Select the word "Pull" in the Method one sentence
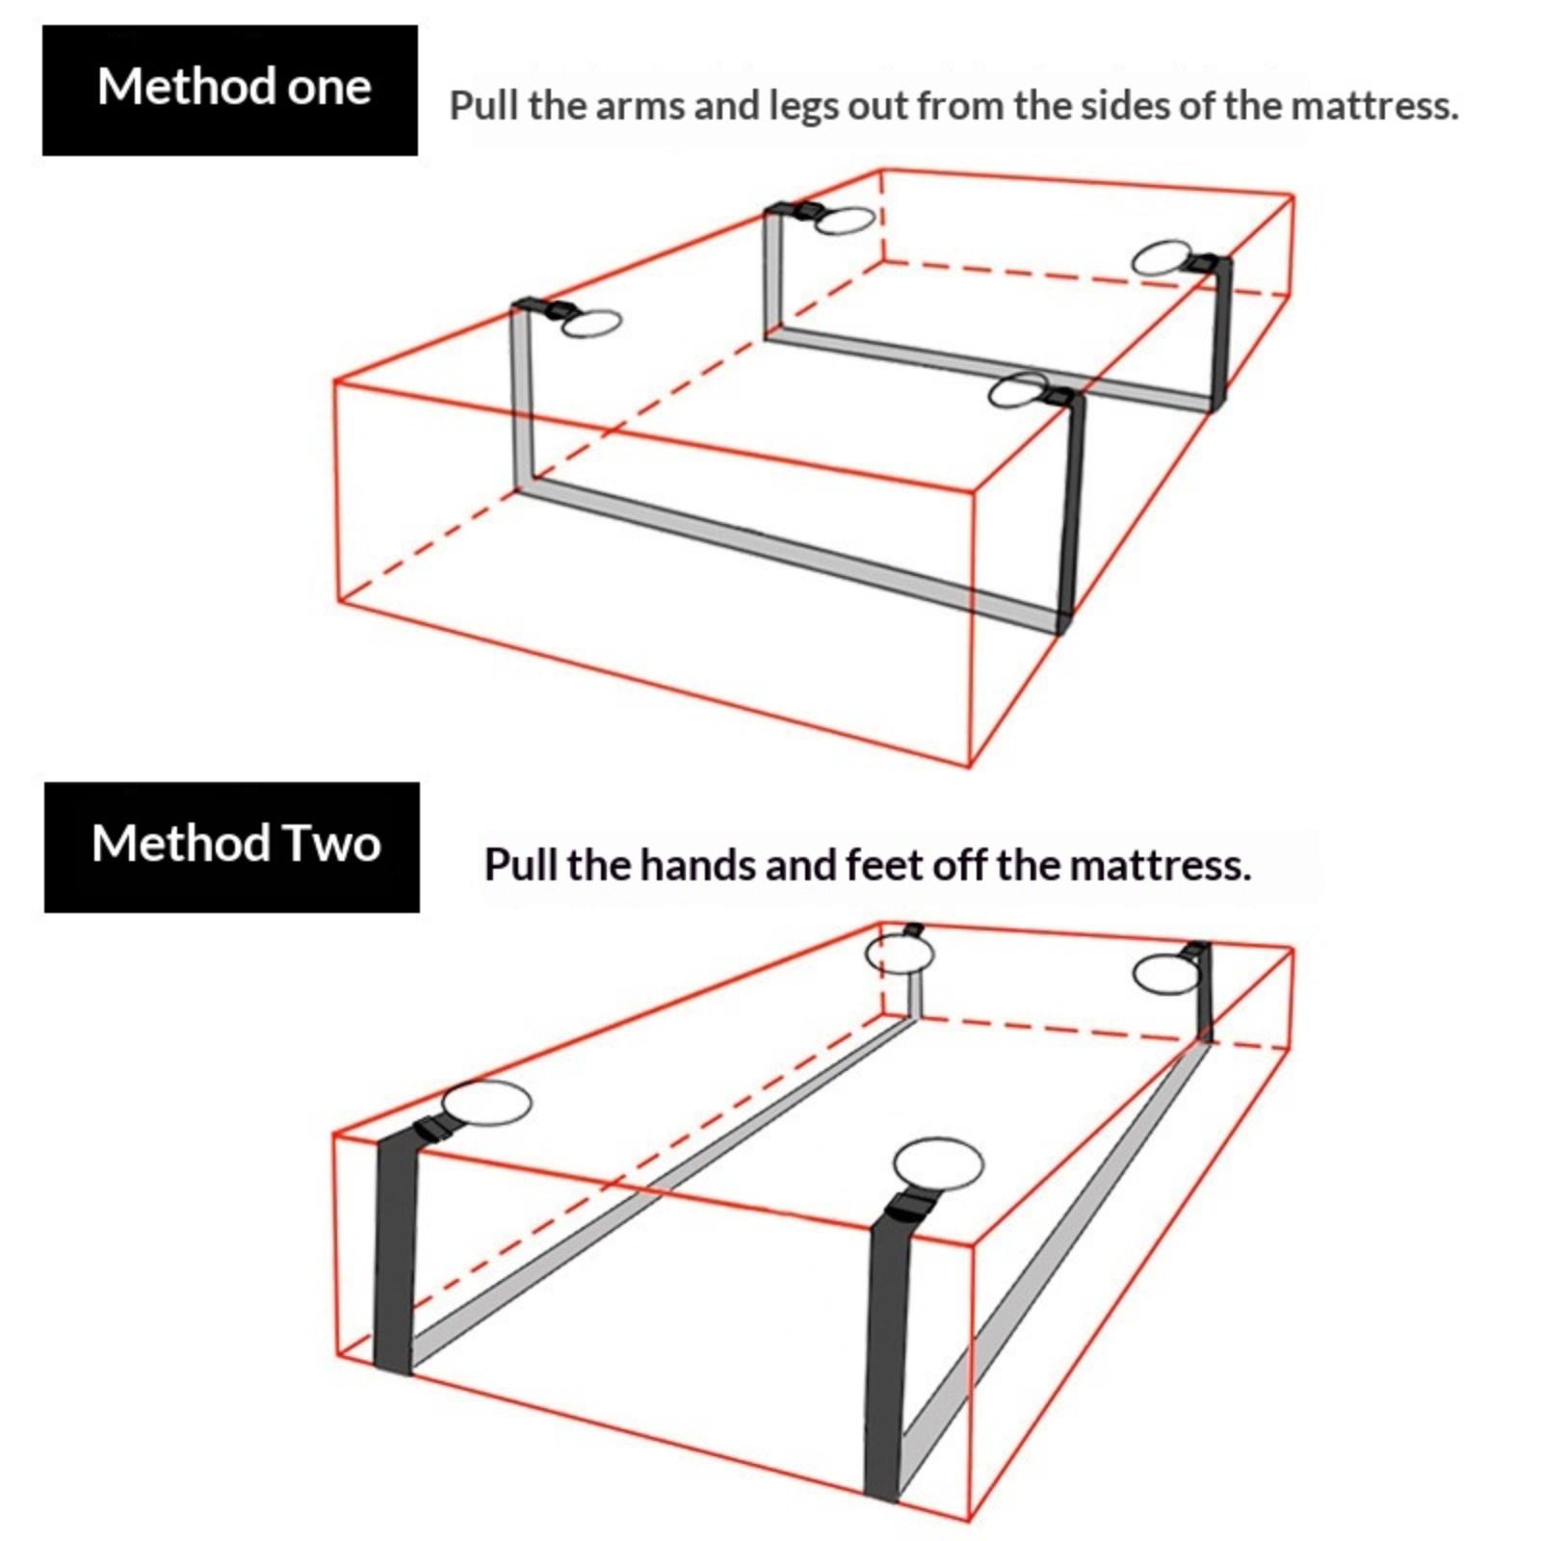point(484,106)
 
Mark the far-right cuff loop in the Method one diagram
point(1162,258)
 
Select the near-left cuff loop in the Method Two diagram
point(486,1103)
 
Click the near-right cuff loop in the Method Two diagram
point(938,1163)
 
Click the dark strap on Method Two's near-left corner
point(395,1252)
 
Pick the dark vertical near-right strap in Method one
point(1071,510)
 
